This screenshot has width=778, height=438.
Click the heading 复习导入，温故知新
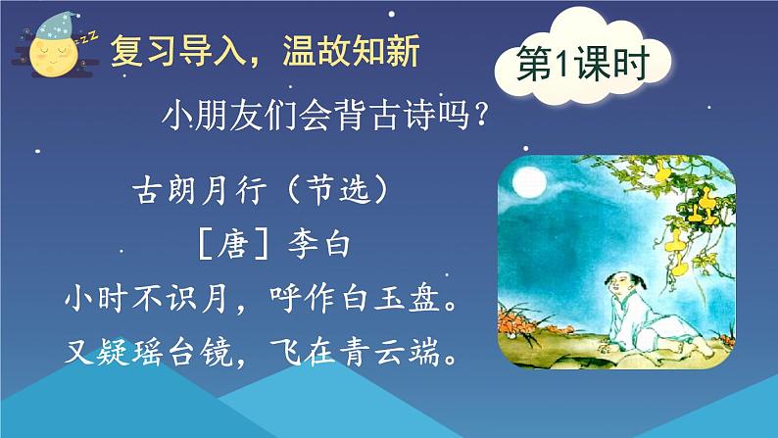click(265, 49)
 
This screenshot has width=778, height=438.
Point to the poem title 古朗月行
click(188, 190)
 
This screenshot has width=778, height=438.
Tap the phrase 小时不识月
click(147, 297)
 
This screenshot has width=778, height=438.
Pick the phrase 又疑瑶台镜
click(147, 351)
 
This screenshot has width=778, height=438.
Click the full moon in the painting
click(526, 180)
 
